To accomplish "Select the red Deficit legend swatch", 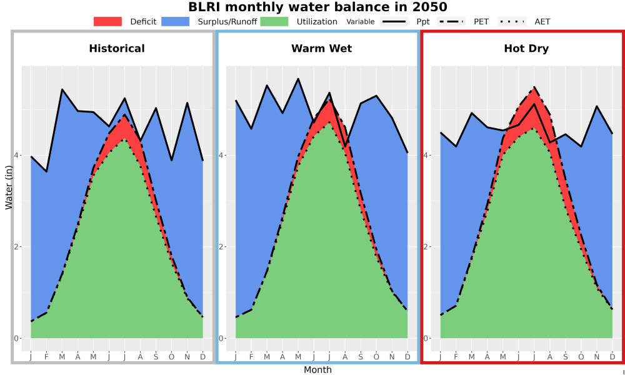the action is point(107,21).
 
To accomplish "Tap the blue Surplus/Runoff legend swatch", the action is point(176,21).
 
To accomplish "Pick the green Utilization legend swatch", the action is point(274,21).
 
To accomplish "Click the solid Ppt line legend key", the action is point(394,21).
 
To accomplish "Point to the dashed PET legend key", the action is point(451,21).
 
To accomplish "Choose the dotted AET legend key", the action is point(512,21).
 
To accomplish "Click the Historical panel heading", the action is point(117,49).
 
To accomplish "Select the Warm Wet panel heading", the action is point(322,49).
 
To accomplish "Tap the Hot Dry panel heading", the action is point(526,49).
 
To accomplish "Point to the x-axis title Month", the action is point(317,370).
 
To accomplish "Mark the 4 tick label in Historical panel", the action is point(16,155).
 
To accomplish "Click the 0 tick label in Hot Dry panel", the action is point(425,338).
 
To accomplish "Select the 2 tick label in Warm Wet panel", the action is point(221,247).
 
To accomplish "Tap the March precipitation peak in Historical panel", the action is point(62,89).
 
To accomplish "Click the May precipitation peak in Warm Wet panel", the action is point(297,79).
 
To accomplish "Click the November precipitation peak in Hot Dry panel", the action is point(597,106).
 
